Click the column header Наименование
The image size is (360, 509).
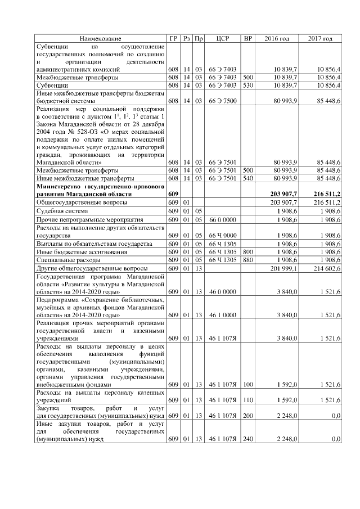pos(100,38)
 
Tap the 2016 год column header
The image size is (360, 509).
pos(277,38)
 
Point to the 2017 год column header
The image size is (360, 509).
pos(320,38)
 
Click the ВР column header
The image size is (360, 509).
pos(247,38)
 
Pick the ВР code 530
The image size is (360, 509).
pos(247,85)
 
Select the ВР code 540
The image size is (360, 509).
pos(247,178)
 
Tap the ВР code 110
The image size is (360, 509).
pos(247,399)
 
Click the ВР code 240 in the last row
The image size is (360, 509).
pos(247,438)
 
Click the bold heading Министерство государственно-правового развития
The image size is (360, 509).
pos(100,189)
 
